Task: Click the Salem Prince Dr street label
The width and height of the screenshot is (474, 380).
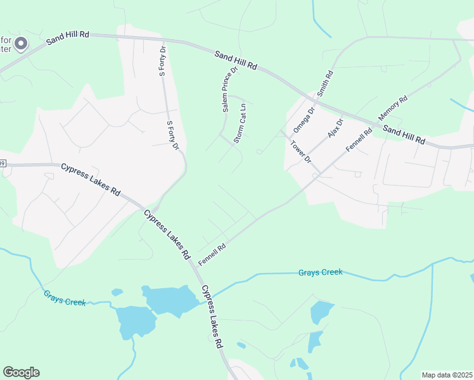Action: pyautogui.click(x=229, y=89)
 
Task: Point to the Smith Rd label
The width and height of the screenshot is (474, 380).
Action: pyautogui.click(x=324, y=84)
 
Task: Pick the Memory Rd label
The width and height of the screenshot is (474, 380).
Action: pyautogui.click(x=393, y=109)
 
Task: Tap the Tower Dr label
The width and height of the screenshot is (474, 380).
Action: pyautogui.click(x=300, y=151)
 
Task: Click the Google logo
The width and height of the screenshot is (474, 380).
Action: pyautogui.click(x=21, y=372)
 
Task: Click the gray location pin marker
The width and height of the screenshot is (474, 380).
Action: pyautogui.click(x=21, y=44)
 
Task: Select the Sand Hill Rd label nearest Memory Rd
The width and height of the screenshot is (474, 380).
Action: pyautogui.click(x=404, y=134)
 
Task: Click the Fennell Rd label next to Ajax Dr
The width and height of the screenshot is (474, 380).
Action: pyautogui.click(x=359, y=139)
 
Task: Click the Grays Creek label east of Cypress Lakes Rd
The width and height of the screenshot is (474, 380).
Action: pyautogui.click(x=320, y=272)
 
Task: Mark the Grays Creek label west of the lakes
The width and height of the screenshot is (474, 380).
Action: pyautogui.click(x=65, y=298)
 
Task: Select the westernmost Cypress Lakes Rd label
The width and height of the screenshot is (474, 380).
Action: pyautogui.click(x=91, y=179)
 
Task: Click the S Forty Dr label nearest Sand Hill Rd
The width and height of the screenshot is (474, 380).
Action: pyautogui.click(x=162, y=60)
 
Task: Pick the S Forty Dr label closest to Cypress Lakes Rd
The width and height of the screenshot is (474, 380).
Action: pyautogui.click(x=172, y=136)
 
